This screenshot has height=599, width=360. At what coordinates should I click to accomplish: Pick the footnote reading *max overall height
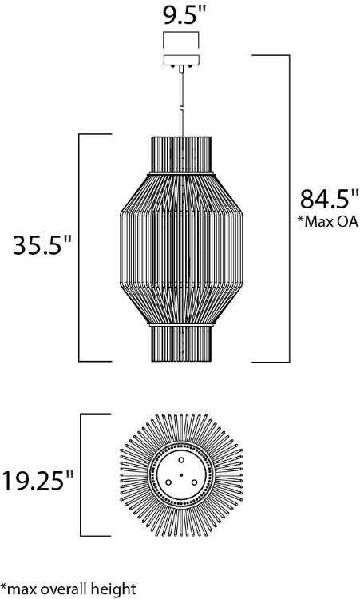point(68,589)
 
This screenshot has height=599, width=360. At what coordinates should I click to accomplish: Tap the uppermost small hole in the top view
point(180,462)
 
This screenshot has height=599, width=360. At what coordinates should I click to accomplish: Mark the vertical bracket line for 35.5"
point(78,248)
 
